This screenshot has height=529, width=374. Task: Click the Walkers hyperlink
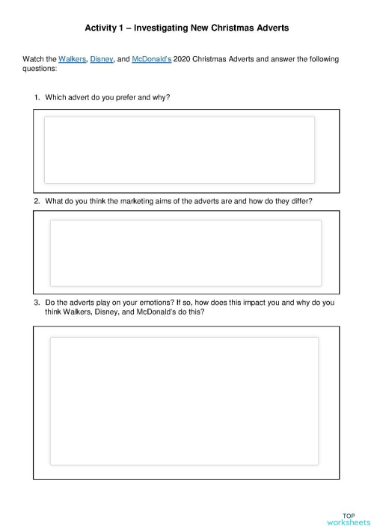72,59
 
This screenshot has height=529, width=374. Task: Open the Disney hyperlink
102,59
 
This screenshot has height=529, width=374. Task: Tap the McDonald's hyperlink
151,59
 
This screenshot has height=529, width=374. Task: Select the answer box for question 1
180,149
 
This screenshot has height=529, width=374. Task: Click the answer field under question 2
185,253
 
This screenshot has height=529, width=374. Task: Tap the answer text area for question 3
183,400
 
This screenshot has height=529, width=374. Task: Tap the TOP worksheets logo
348,519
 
